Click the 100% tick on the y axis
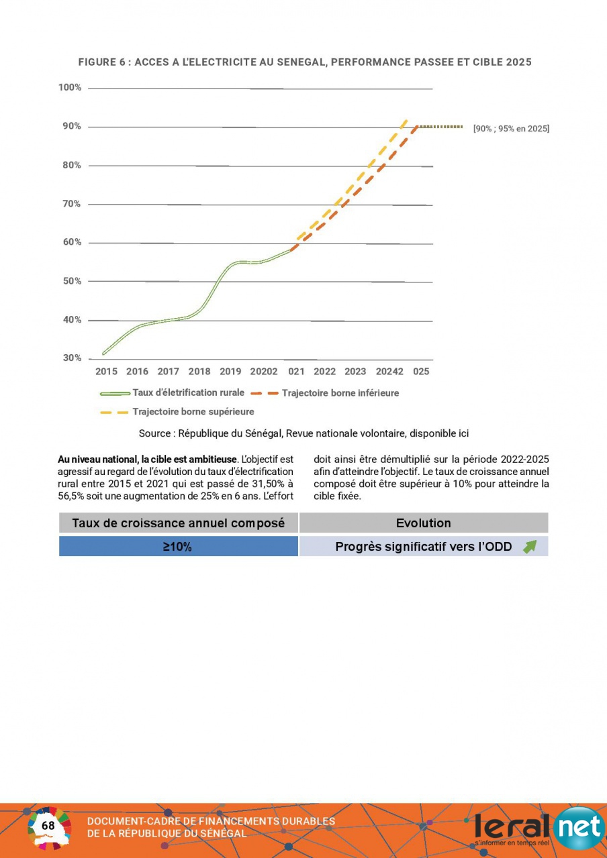pos(70,88)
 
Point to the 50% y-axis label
pos(72,281)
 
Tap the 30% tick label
pos(72,358)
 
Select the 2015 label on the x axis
pos(106,372)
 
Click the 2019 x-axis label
pos(230,372)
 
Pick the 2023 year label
pos(355,372)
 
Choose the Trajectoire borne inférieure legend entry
pos(325,393)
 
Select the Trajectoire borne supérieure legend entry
pos(177,412)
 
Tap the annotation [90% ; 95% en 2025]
pos(511,129)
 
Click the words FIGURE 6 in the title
pos(101,62)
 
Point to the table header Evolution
pos(423,523)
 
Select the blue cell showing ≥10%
pos(179,547)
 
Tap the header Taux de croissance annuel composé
pos(179,523)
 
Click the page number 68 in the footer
pos(48,825)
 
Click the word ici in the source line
pos(463,433)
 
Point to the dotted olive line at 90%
pos(440,126)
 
